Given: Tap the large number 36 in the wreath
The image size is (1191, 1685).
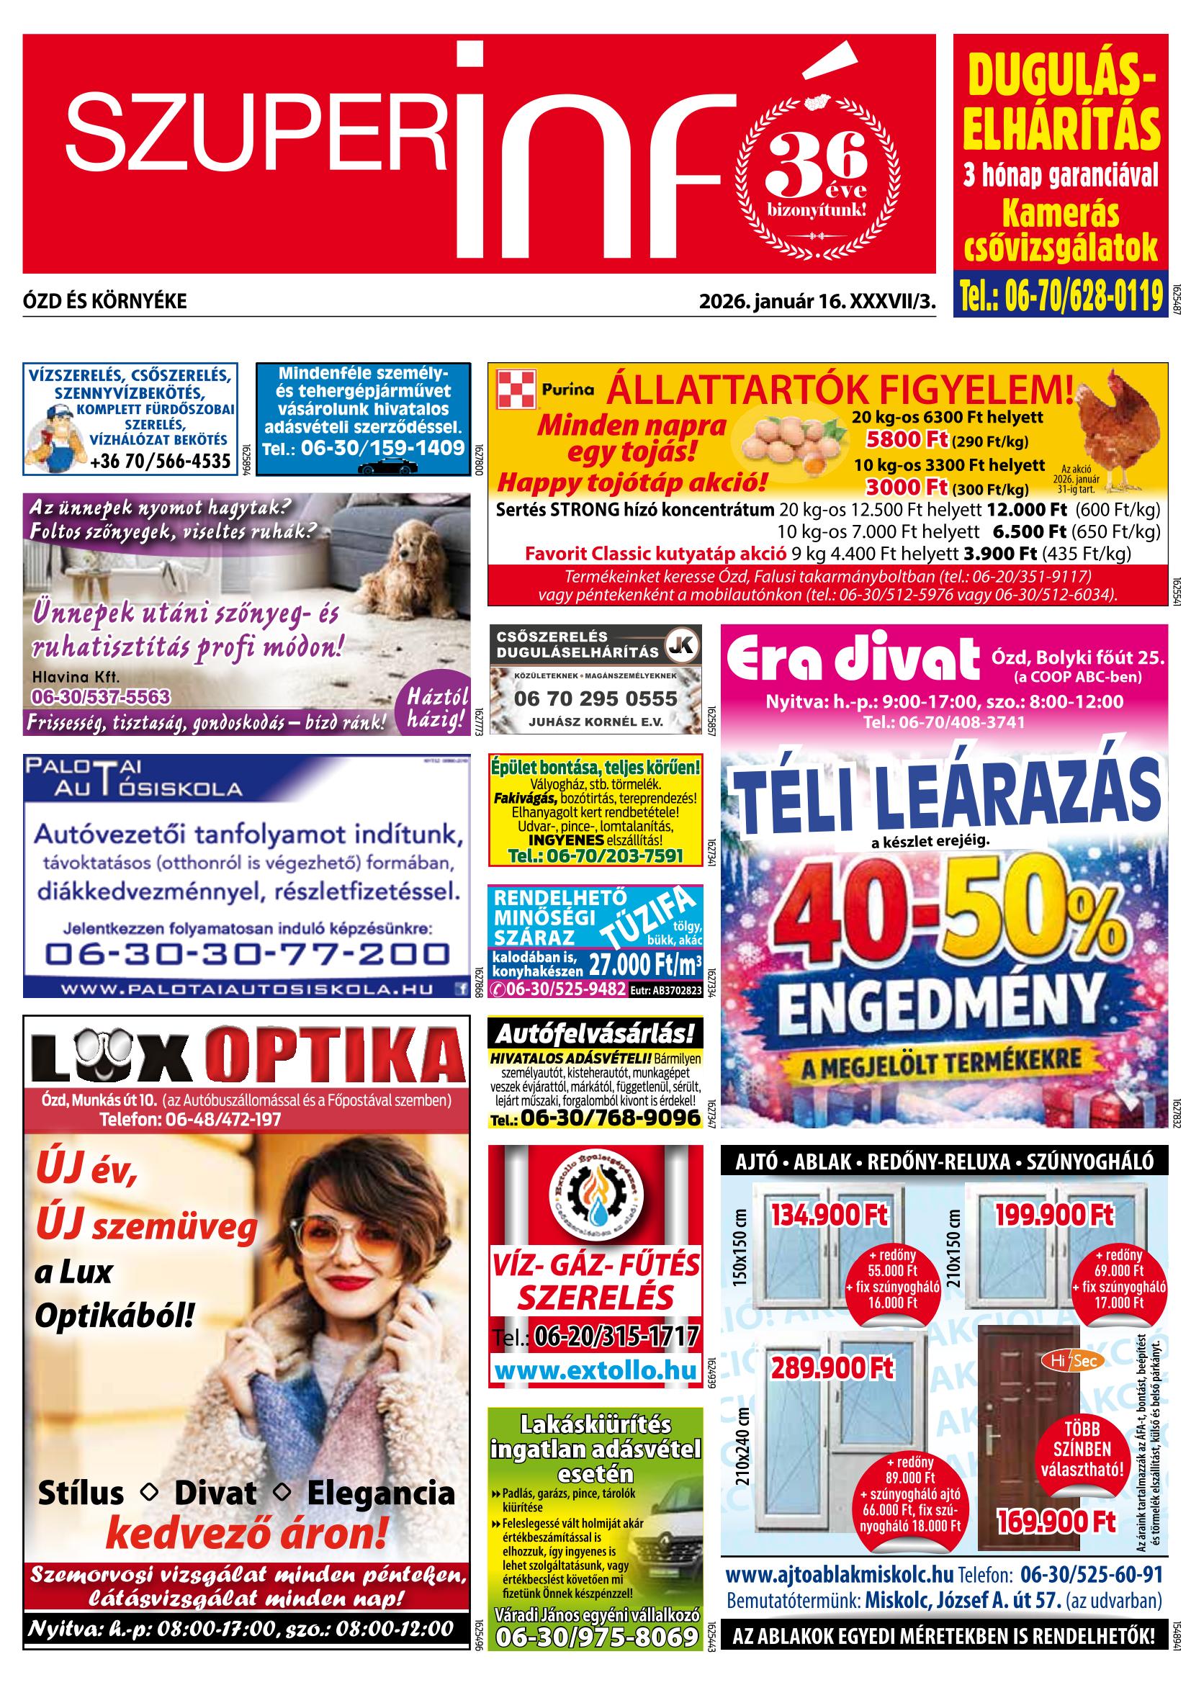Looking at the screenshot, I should pyautogui.click(x=815, y=157).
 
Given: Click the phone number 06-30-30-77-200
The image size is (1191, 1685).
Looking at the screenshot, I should pyautogui.click(x=246, y=953).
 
